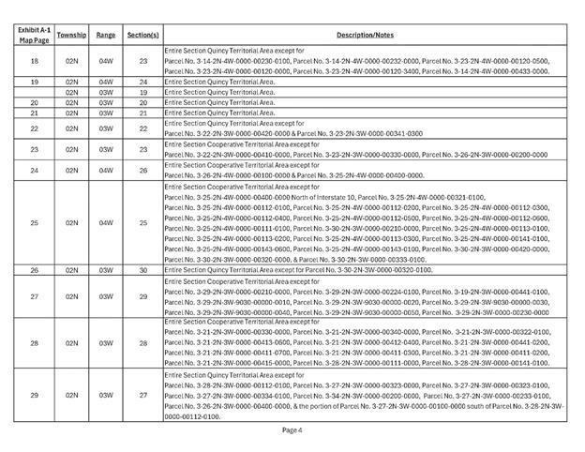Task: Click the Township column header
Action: point(72,34)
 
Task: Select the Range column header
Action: point(106,34)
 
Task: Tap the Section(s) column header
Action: point(143,34)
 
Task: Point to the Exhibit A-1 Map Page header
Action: point(34,34)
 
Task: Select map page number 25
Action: point(34,223)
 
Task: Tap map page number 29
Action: point(34,396)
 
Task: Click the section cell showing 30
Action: point(143,270)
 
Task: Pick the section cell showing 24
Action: point(143,83)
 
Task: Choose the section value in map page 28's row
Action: point(143,344)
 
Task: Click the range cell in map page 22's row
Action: point(106,128)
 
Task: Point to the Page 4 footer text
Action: point(292,429)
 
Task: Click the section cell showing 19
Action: point(143,93)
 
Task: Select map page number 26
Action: point(34,270)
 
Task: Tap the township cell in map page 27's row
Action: point(72,296)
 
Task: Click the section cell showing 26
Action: point(143,170)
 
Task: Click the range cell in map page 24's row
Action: point(106,170)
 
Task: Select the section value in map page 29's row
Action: point(143,396)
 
